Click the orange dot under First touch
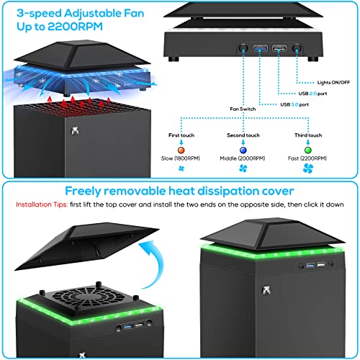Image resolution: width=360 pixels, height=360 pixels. point(181,150)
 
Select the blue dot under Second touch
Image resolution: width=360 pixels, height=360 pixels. point(243,150)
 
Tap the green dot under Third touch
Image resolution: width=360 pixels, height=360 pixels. point(308,150)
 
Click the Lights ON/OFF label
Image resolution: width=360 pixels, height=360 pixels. point(333,83)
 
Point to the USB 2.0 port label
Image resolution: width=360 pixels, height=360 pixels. point(312,94)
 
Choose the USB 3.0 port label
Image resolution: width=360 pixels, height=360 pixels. point(294,104)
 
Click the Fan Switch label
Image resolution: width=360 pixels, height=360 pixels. point(243,109)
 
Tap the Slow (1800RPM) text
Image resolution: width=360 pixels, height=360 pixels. point(181,158)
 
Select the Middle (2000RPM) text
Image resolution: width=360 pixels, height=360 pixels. point(243,158)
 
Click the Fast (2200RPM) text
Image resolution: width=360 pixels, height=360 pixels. point(307,158)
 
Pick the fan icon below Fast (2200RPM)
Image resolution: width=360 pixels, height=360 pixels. point(308,168)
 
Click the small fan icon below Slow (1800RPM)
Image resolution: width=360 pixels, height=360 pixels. point(181,168)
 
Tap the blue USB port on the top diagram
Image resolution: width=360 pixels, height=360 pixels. point(261,48)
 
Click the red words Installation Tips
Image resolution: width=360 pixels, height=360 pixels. point(42,204)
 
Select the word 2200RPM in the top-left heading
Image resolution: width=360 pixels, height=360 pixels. point(75,27)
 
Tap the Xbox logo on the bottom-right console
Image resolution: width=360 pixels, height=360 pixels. point(266,290)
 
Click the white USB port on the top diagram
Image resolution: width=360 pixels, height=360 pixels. point(279,48)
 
